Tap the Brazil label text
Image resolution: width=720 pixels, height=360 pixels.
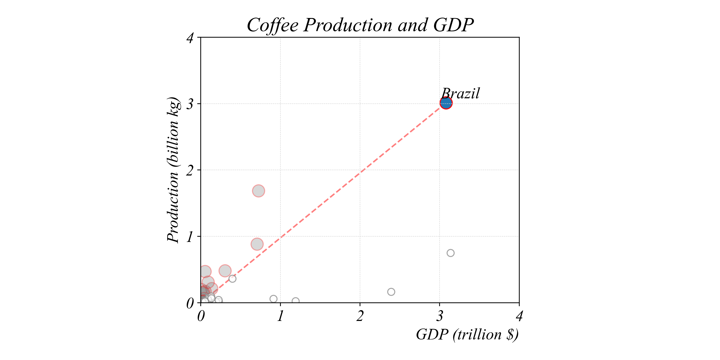pos(460,93)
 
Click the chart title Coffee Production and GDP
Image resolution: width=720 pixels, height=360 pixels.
pos(360,25)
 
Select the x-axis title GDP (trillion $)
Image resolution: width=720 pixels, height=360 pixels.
pos(467,335)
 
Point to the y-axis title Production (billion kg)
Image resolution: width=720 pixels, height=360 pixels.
pos(173,170)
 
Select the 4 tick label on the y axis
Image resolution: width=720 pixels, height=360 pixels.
pos(190,38)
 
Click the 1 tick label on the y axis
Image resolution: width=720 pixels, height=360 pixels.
pos(190,237)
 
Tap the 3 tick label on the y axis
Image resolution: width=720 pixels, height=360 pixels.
pos(190,104)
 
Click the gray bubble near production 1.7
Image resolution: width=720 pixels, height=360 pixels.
pos(258,191)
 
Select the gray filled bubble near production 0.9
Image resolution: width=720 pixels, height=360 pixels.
pos(257,244)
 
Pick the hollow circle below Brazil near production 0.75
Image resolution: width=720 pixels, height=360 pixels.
pos(450,253)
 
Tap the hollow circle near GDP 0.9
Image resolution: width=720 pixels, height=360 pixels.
pos(273,299)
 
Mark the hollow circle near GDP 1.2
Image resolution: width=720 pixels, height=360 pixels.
pos(295,301)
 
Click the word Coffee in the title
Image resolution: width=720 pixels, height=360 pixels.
pos(273,25)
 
